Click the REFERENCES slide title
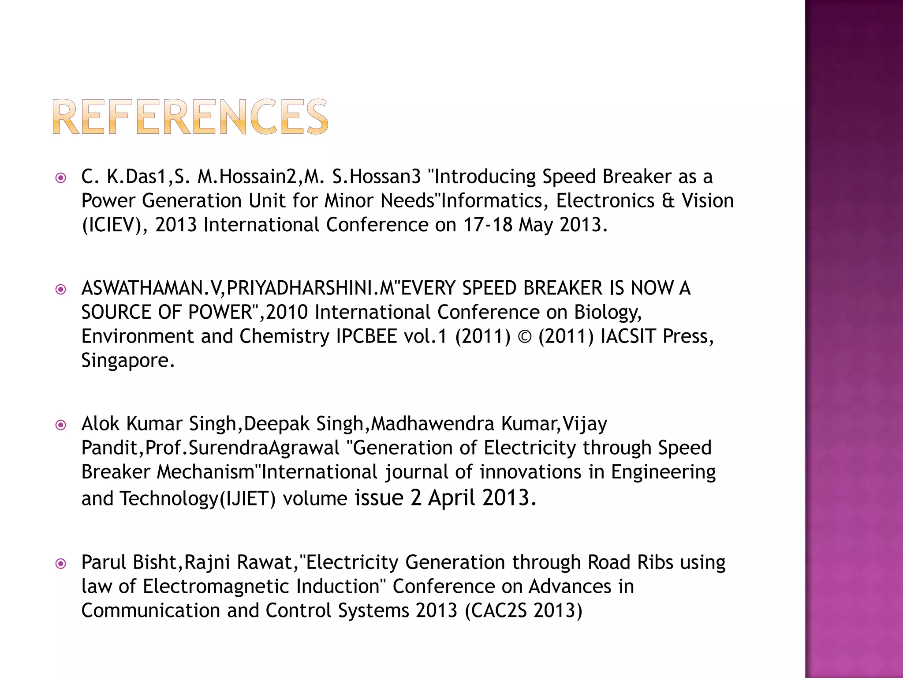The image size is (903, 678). pos(190,117)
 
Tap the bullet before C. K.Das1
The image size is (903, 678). pos(61,178)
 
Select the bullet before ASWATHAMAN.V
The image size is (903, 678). pos(61,290)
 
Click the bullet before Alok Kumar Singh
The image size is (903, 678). pos(61,425)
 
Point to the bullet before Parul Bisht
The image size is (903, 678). pos(61,564)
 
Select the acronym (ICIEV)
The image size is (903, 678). pos(114,225)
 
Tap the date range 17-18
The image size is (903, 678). pos(488,225)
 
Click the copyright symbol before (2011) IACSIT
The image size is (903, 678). pos(524,337)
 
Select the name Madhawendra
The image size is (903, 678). pos(433,424)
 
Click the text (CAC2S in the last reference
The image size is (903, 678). pos(496,611)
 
